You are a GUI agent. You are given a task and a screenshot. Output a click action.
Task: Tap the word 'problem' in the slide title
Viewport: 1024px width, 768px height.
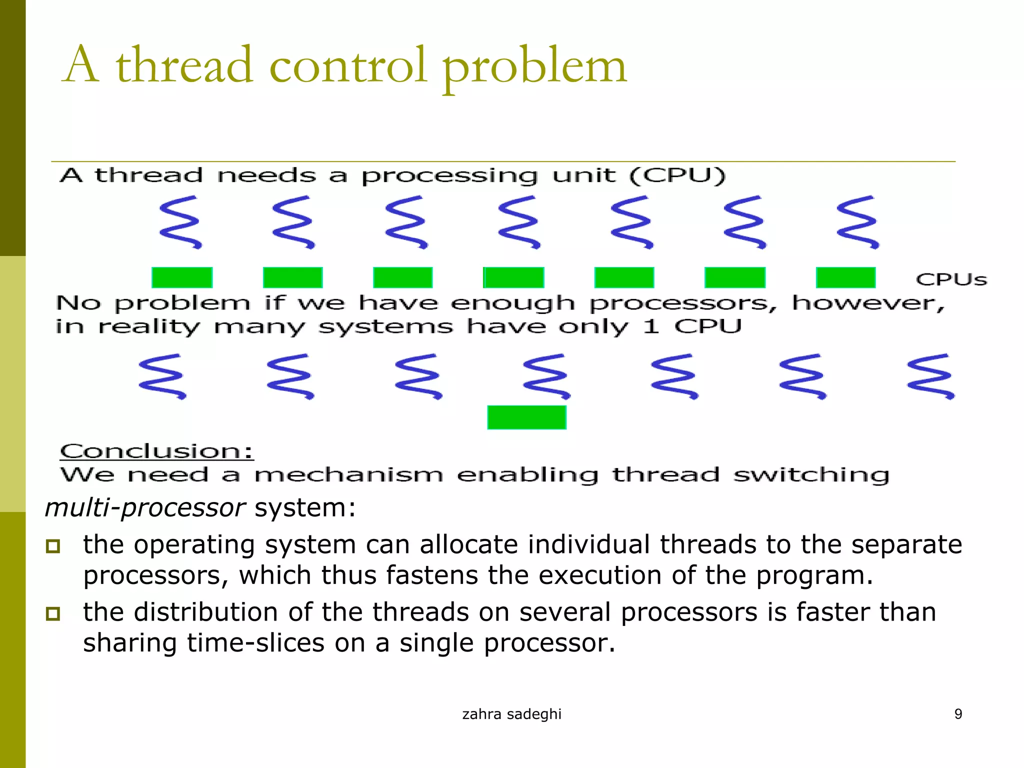tap(534, 68)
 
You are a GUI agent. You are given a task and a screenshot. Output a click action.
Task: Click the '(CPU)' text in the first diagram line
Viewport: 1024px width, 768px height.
tap(677, 176)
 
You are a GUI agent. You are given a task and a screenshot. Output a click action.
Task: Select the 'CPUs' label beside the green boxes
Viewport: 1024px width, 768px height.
tap(951, 279)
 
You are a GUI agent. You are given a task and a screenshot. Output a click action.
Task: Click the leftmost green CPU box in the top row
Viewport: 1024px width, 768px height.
tap(182, 277)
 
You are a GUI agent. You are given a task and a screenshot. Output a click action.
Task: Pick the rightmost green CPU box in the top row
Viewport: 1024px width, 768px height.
tap(845, 277)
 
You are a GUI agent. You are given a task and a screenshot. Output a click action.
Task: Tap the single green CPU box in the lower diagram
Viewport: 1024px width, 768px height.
tap(526, 417)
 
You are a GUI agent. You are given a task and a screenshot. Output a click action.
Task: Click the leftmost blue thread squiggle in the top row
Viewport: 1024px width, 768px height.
tap(180, 222)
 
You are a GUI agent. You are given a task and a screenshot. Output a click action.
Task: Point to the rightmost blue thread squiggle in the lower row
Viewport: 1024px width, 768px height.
tap(930, 376)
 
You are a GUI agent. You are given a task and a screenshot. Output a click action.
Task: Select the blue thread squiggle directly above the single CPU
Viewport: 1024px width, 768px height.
tap(546, 376)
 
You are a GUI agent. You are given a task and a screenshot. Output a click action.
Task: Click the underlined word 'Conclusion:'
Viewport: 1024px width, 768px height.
tap(156, 451)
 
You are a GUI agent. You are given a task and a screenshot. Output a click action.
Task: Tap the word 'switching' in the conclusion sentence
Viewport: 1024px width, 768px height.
tap(811, 474)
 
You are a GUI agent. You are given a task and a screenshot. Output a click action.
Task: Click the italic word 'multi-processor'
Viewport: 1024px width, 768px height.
tap(145, 508)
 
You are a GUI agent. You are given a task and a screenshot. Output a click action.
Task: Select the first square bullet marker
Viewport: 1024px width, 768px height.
tap(53, 546)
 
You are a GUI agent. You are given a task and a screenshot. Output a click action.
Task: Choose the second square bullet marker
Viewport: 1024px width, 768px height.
tap(53, 613)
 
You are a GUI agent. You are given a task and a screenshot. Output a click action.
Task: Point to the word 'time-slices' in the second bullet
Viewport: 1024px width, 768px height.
tap(256, 643)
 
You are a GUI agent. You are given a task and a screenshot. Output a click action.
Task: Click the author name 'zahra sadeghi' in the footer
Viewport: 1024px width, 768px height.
tap(511, 714)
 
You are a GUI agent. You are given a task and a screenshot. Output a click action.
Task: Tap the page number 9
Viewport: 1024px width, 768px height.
tap(958, 714)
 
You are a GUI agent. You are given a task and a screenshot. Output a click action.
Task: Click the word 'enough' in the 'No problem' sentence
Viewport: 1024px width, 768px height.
tap(512, 303)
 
